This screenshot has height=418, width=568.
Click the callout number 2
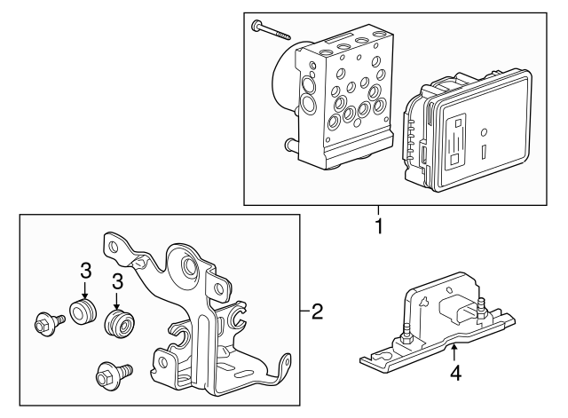click(317, 312)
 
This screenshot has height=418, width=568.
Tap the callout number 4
click(455, 374)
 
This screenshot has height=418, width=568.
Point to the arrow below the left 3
click(85, 289)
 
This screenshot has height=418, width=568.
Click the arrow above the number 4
click(454, 354)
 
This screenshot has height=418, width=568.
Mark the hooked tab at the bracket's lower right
click(283, 365)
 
